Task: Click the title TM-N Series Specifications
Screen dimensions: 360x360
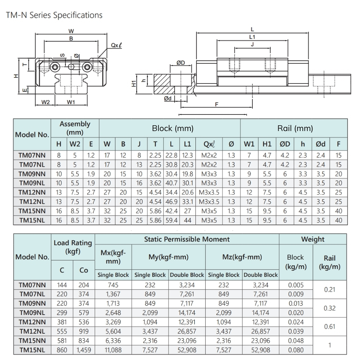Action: click(54, 15)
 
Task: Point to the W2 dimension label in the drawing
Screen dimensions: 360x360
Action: click(45, 102)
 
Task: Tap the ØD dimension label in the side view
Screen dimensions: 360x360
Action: click(180, 63)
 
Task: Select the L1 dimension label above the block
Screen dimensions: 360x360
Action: click(252, 37)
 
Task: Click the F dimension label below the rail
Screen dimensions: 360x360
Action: click(216, 104)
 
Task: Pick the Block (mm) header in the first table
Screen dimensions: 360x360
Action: click(172, 128)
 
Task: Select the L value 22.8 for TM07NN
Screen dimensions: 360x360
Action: click(172, 156)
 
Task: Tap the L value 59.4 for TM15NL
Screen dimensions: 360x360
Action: click(172, 220)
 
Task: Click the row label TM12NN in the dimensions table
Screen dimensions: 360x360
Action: click(32, 193)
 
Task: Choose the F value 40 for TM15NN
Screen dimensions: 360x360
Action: click(338, 211)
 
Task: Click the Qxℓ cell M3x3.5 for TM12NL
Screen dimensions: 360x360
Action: click(209, 202)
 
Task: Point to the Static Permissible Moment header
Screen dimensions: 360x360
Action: click(186, 239)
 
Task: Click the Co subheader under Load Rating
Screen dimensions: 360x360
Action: click(83, 270)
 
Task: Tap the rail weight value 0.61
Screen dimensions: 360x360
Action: click(329, 327)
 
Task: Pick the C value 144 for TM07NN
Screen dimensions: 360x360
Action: click(62, 285)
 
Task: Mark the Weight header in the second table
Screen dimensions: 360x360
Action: click(312, 239)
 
